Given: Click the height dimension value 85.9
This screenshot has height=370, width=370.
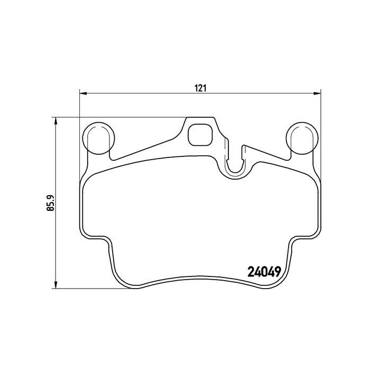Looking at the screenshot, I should point(51,202).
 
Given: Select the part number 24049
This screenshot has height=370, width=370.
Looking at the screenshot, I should point(263,274).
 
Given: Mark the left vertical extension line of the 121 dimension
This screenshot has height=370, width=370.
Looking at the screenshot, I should point(79,106).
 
